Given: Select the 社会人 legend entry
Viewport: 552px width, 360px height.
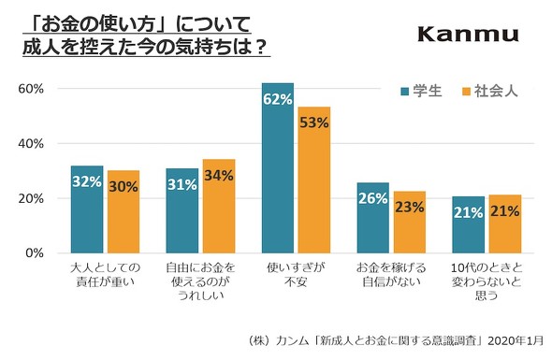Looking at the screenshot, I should point(486,92).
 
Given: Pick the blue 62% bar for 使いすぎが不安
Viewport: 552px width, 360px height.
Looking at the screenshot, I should point(278,168).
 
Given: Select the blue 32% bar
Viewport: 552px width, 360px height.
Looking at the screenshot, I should point(87,209).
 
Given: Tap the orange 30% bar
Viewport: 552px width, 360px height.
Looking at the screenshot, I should point(123,212).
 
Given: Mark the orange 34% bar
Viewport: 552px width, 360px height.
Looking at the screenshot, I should point(219,207).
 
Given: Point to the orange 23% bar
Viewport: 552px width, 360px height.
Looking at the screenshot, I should point(410,222).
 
